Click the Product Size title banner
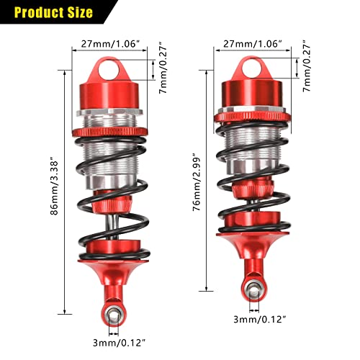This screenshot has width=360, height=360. (54, 12)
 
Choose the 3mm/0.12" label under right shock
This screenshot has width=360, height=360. (258, 318)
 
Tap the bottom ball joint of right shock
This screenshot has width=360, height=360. (254, 290)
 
